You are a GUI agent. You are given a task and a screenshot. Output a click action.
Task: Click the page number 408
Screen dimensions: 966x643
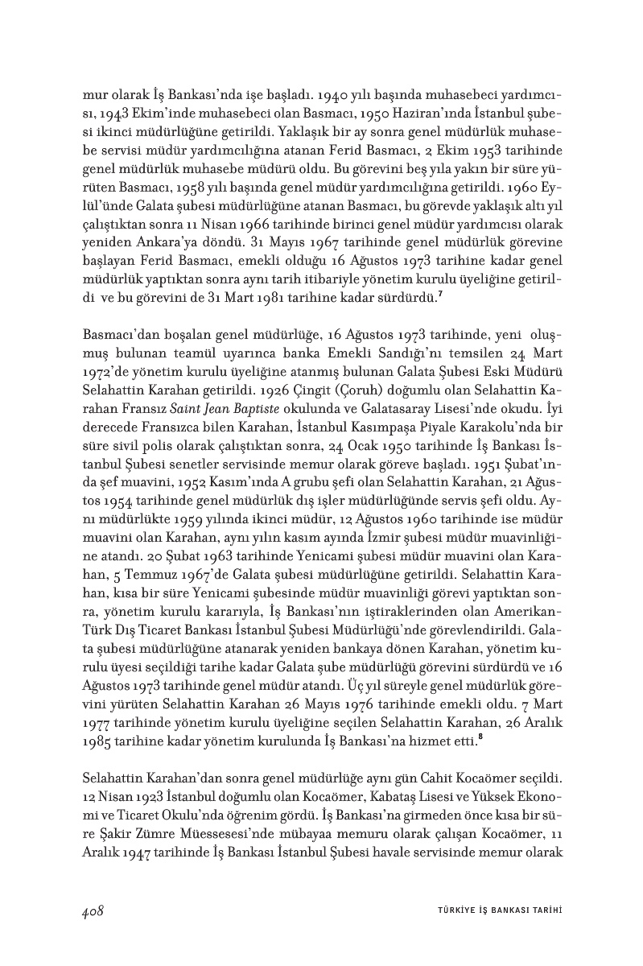pyautogui.click(x=93, y=910)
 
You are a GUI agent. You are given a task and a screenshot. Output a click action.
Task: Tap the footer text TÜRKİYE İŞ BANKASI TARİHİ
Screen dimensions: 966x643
pyautogui.click(x=493, y=911)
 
